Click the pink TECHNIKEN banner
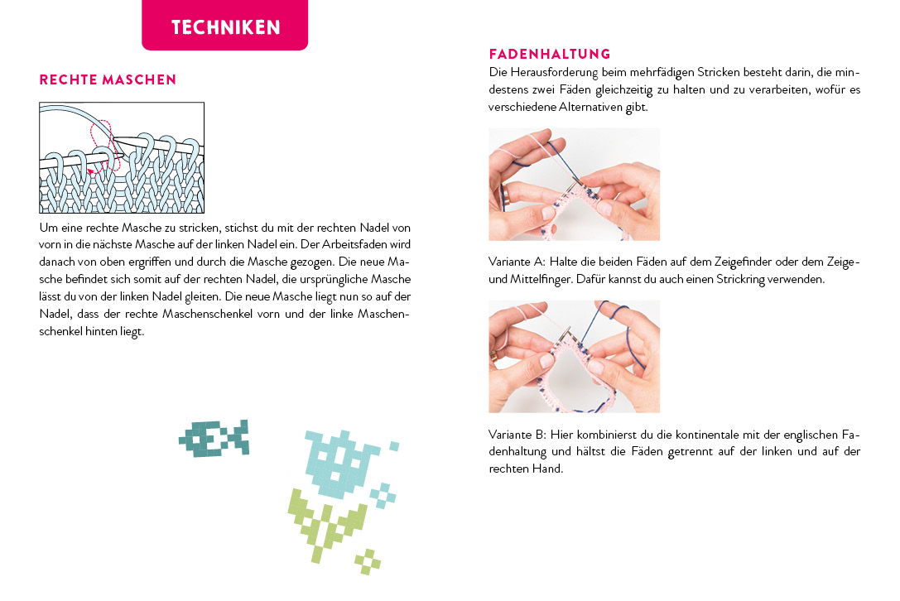(x=225, y=25)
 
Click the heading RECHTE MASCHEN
(x=108, y=79)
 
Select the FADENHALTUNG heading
(x=550, y=54)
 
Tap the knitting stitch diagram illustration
(x=122, y=158)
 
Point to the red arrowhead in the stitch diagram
(x=91, y=171)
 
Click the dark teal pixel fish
(x=214, y=438)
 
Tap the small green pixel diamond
(x=368, y=562)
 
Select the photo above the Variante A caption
(x=575, y=185)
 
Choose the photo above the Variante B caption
(x=575, y=357)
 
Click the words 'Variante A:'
(x=517, y=262)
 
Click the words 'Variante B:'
(x=517, y=435)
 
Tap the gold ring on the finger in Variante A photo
(x=507, y=195)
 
